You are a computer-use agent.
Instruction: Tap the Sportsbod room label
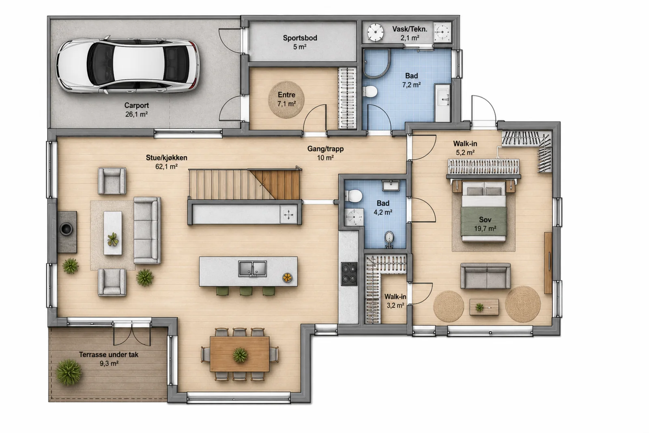click(x=300, y=38)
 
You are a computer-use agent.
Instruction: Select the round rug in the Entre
click(x=286, y=99)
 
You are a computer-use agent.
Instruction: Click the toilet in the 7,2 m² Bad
click(x=371, y=91)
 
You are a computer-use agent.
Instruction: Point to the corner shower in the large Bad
click(x=376, y=63)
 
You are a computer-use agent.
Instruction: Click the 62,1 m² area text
click(x=166, y=167)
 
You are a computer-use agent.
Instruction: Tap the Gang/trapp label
click(x=325, y=149)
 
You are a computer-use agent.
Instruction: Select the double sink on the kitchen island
click(x=252, y=269)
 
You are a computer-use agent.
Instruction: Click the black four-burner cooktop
click(x=349, y=274)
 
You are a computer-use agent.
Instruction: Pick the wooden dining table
click(x=240, y=354)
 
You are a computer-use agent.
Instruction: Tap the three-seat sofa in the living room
click(x=147, y=231)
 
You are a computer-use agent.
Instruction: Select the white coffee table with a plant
click(x=113, y=233)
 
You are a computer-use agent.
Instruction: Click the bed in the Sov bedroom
click(x=484, y=211)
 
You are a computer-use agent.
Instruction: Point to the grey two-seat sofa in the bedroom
click(x=486, y=276)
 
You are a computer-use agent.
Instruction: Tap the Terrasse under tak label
click(x=109, y=354)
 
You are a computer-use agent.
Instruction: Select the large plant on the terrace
click(x=69, y=372)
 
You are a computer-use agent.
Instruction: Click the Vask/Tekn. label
click(x=410, y=29)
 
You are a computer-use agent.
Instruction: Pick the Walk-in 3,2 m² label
click(x=395, y=301)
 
